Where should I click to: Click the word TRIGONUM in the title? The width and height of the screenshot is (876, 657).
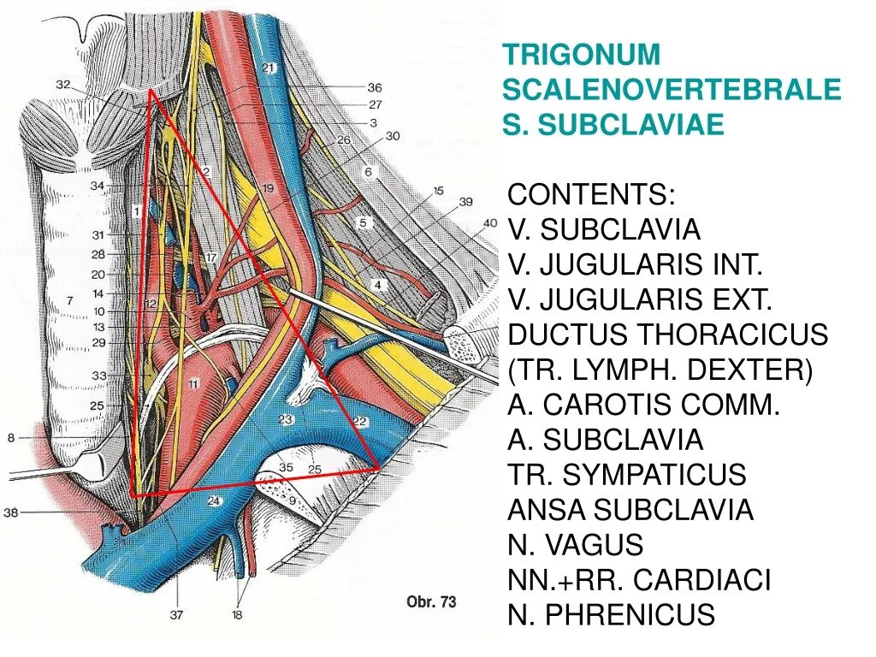[582, 54]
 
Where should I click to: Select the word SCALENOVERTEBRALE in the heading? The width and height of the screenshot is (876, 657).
[672, 90]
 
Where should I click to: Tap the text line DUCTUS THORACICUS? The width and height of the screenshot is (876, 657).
[667, 334]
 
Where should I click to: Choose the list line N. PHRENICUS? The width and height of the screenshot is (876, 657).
[611, 615]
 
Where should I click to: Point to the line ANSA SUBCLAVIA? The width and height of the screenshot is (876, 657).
[630, 510]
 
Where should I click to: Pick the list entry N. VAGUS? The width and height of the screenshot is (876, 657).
[575, 545]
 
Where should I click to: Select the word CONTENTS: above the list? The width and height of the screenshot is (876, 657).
[591, 194]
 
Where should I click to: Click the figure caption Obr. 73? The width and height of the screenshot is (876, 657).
[431, 601]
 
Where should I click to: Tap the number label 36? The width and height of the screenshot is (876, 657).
[374, 87]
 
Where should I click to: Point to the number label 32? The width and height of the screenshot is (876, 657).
[62, 84]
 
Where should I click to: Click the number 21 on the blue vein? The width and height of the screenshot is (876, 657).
[269, 68]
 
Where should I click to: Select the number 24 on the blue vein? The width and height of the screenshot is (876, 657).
[213, 502]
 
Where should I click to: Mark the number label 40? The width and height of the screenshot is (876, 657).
[489, 223]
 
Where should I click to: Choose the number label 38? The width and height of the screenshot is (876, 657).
[10, 513]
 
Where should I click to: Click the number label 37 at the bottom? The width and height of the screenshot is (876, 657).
[178, 613]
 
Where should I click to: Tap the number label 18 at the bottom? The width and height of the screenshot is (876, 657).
[237, 613]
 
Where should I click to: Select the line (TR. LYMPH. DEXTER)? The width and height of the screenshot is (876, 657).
[660, 370]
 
